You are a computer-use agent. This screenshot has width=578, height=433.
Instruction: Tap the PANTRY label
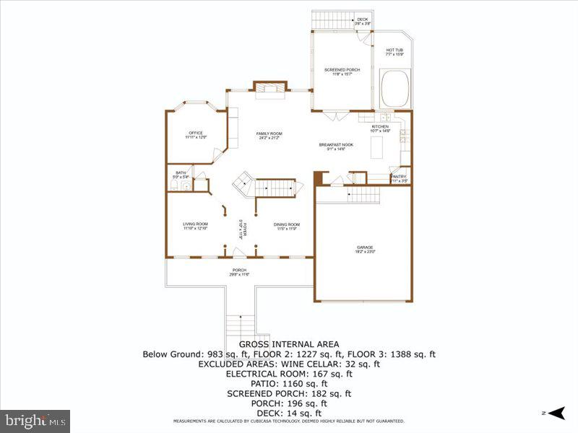coord(399,178)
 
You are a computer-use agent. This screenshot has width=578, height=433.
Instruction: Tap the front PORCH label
coord(239,272)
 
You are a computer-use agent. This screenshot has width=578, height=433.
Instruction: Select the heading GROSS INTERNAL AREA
coord(288,344)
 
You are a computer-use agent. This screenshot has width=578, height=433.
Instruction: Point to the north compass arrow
coord(555,413)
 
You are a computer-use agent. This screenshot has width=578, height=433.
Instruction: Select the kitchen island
coord(376,148)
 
